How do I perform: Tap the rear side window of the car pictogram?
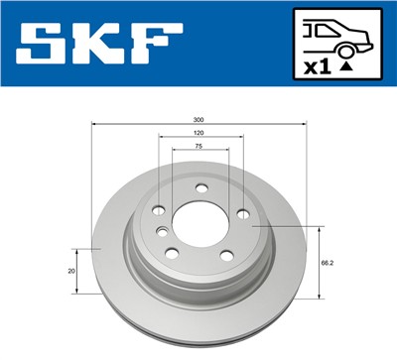coord(323,27)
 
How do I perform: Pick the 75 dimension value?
coord(198,145)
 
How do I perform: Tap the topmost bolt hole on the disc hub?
coord(201,188)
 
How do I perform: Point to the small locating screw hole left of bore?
coord(161,232)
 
